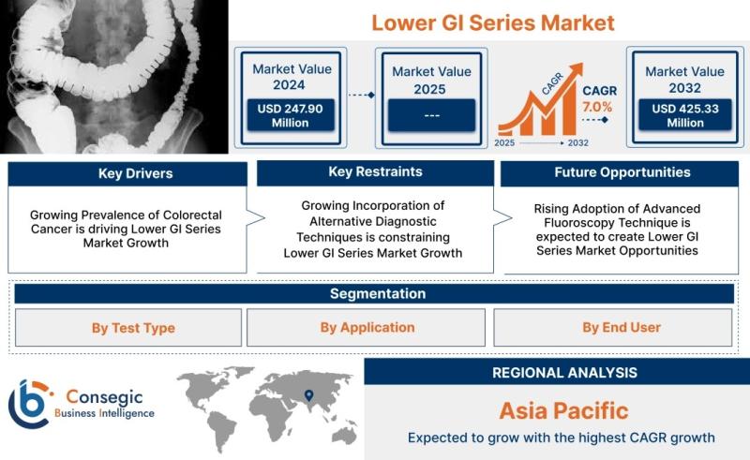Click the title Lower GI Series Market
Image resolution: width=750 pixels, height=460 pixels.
493,22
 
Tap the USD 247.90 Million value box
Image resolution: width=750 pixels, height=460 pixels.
291,115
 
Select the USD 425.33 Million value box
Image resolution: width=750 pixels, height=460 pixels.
685,115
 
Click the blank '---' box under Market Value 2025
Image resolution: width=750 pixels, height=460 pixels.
431,115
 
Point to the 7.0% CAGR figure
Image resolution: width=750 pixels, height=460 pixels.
597,107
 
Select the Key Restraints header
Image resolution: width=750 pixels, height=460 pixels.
376,172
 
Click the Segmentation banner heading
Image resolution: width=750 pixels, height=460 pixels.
378,293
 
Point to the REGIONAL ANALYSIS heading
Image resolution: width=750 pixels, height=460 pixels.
565,373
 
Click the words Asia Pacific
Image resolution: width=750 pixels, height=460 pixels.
564,410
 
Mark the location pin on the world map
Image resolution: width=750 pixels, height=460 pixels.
309,395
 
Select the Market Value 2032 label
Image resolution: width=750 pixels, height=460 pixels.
685,80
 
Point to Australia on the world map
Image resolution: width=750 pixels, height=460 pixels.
344,435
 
